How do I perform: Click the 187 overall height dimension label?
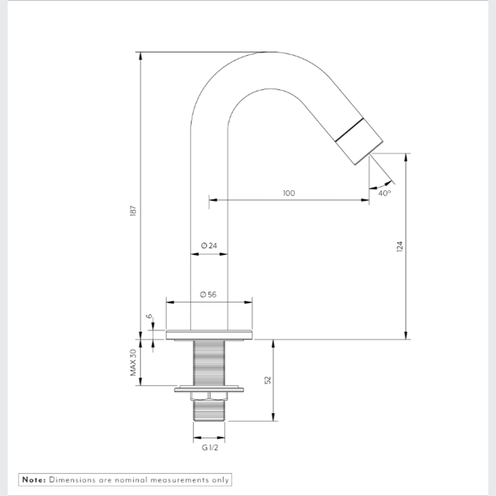(133, 211)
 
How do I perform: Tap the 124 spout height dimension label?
(400, 246)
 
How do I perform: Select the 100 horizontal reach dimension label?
(289, 193)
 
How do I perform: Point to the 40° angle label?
(384, 193)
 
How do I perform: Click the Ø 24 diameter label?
(209, 245)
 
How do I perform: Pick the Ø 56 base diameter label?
(208, 294)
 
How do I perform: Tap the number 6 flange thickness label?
(149, 316)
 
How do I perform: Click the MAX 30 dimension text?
(133, 363)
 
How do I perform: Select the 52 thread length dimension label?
(268, 380)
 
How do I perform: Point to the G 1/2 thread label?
(210, 448)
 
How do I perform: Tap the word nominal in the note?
(131, 480)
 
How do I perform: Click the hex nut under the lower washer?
(209, 396)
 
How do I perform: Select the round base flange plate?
(209, 335)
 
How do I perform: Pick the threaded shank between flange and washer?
(209, 363)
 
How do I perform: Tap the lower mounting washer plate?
(209, 389)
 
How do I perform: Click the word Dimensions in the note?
(72, 480)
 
